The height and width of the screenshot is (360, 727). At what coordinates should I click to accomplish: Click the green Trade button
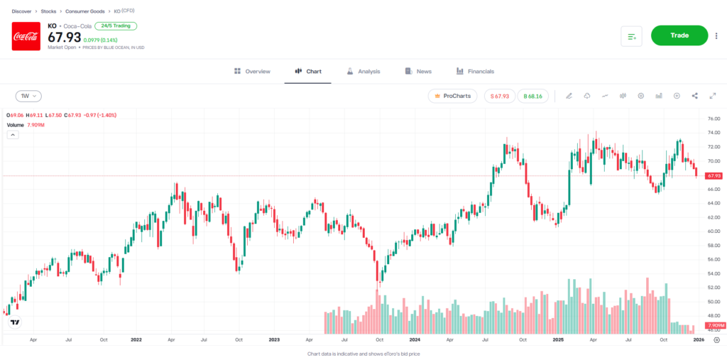679,35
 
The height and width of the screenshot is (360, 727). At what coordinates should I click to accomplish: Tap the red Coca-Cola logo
26,36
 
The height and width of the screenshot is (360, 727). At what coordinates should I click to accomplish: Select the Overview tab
252,71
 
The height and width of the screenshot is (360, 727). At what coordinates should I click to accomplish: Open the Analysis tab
363,71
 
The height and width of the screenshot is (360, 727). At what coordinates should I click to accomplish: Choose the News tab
418,71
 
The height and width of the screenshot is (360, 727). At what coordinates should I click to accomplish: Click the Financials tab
475,71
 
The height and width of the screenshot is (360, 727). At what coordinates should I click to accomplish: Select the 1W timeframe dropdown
28,96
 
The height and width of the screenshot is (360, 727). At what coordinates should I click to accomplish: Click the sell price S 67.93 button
500,96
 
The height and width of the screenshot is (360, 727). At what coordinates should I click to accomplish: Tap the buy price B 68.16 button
532,96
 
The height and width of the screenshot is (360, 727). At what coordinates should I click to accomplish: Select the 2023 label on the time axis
274,339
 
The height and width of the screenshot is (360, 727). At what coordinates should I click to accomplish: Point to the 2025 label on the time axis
558,339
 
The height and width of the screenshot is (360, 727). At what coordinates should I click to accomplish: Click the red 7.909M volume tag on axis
714,325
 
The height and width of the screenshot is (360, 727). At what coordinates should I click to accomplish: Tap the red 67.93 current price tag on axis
714,175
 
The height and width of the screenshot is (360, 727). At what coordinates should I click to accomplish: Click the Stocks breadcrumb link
48,12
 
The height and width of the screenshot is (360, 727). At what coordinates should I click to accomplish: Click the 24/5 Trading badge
116,26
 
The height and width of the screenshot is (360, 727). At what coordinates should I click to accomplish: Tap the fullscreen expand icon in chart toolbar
712,96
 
